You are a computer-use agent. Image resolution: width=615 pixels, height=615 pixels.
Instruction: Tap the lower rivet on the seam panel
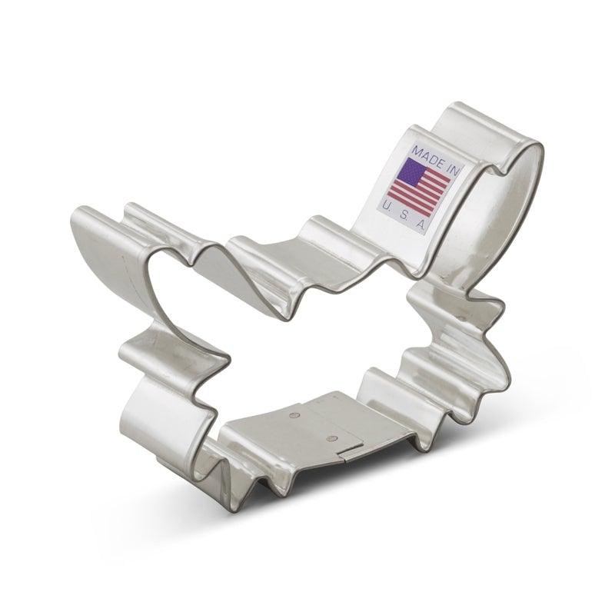[x=331, y=439]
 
